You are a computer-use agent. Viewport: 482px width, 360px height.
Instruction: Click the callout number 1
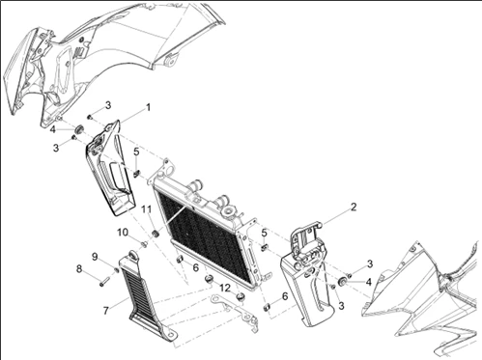148,107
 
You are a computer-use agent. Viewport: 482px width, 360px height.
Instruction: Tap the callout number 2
354,208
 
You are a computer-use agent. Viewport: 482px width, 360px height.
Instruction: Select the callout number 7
106,311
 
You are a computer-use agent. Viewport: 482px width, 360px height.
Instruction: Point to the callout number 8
79,268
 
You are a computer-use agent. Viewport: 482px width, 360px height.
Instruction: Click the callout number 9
95,257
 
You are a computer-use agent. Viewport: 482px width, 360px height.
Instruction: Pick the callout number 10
123,233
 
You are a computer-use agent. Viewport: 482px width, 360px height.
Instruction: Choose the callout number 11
147,209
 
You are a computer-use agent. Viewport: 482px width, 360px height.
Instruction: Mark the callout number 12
225,288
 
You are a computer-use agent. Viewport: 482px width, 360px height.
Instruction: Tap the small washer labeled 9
117,269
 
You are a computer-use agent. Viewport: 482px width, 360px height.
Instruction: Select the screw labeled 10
144,245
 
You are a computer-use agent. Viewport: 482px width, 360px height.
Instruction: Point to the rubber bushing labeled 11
156,234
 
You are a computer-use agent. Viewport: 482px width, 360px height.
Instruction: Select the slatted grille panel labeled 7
145,295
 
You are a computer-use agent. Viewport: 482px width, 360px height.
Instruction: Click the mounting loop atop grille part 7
133,255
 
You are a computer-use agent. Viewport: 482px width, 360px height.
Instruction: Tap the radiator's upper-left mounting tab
167,167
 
